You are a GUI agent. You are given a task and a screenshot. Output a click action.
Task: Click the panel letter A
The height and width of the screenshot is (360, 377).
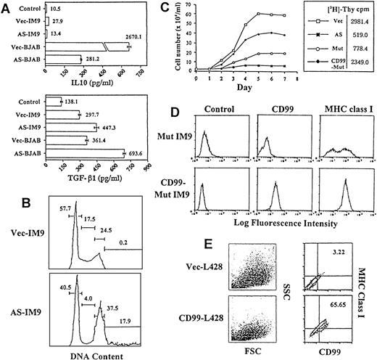(7, 7)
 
